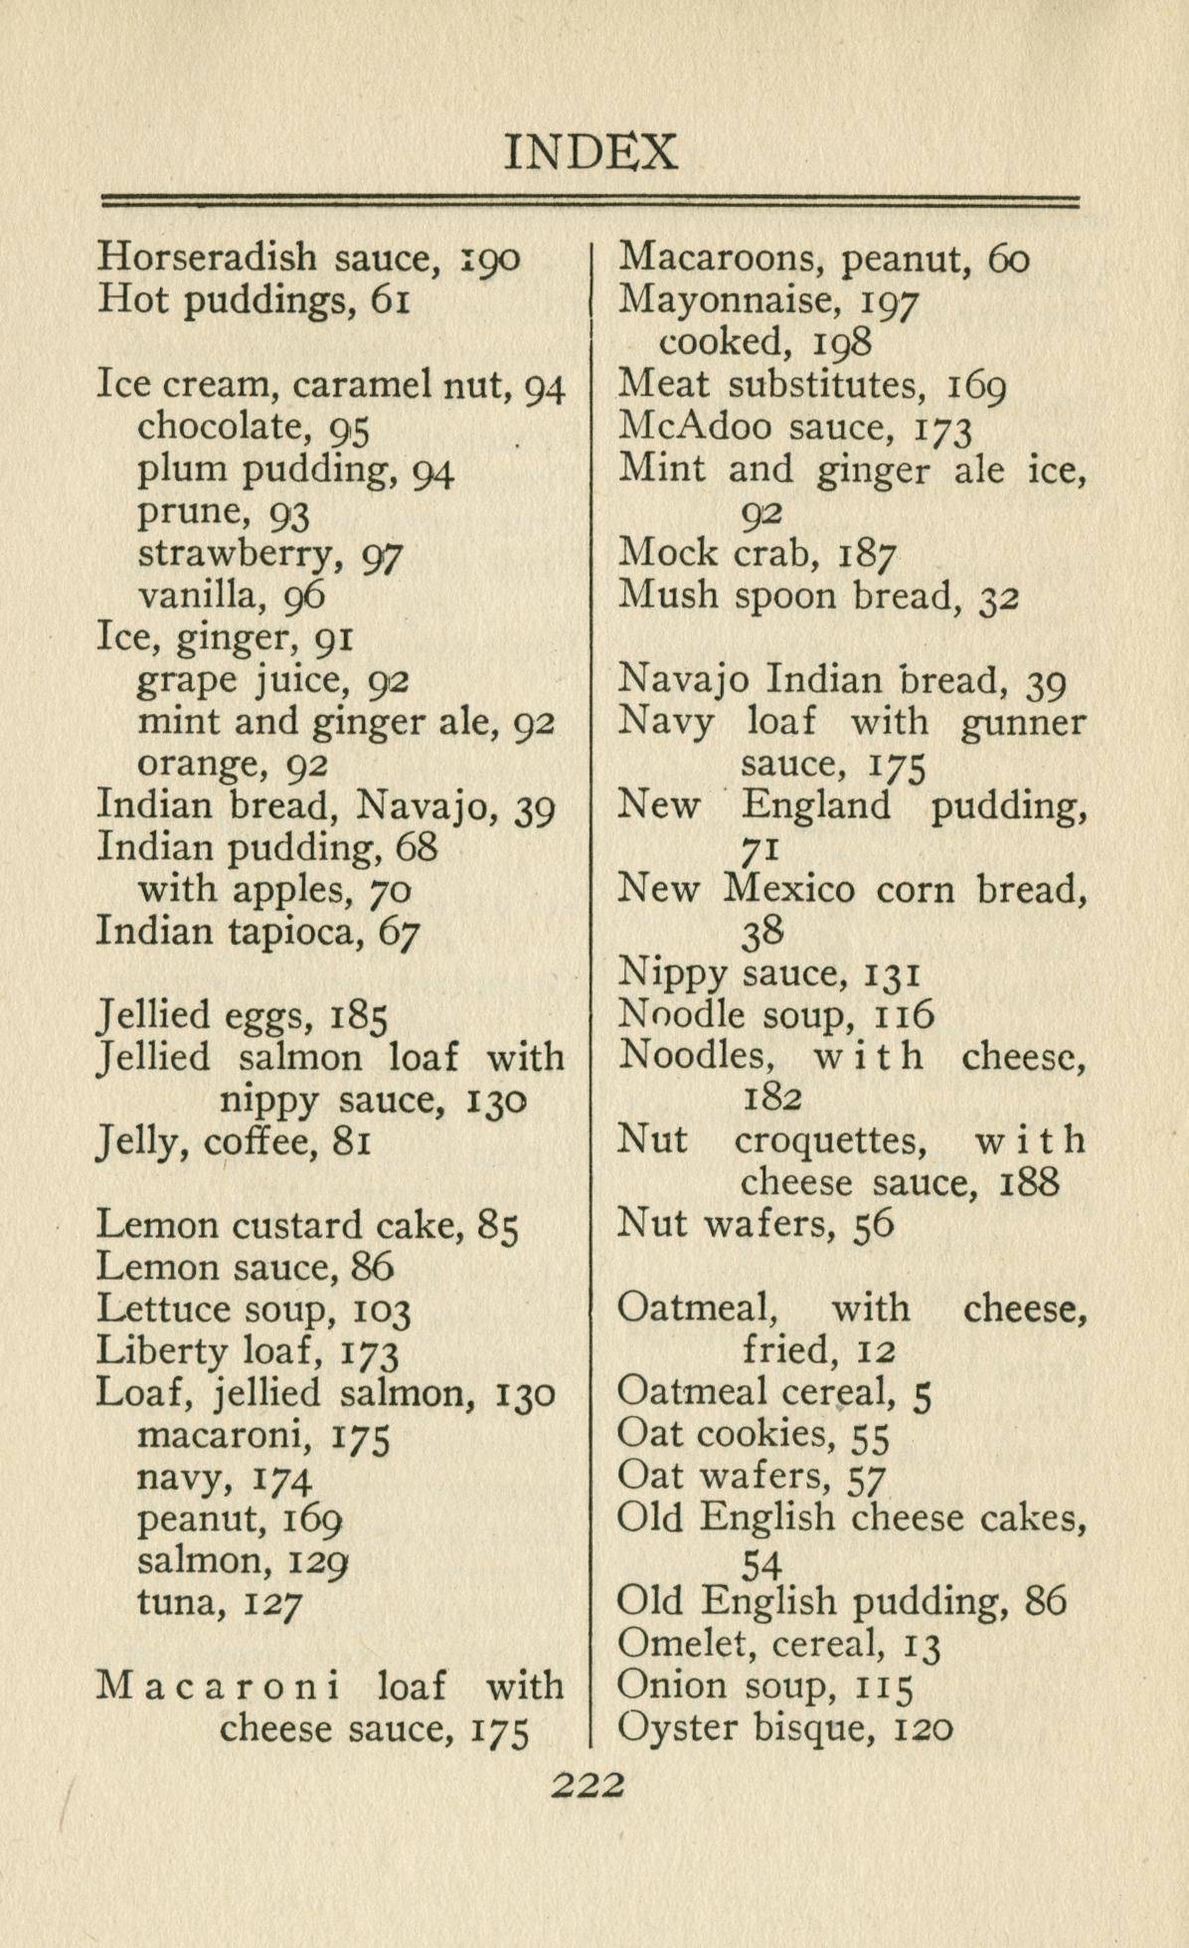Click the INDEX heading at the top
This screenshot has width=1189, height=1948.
(592, 152)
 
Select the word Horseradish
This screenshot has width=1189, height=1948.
(207, 258)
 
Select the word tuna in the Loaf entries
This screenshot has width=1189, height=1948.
(169, 1602)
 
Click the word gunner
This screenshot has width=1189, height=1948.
(1024, 723)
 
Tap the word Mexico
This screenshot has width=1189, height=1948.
(788, 888)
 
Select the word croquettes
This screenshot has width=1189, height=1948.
(831, 1140)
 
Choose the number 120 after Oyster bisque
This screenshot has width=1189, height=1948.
(924, 1728)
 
